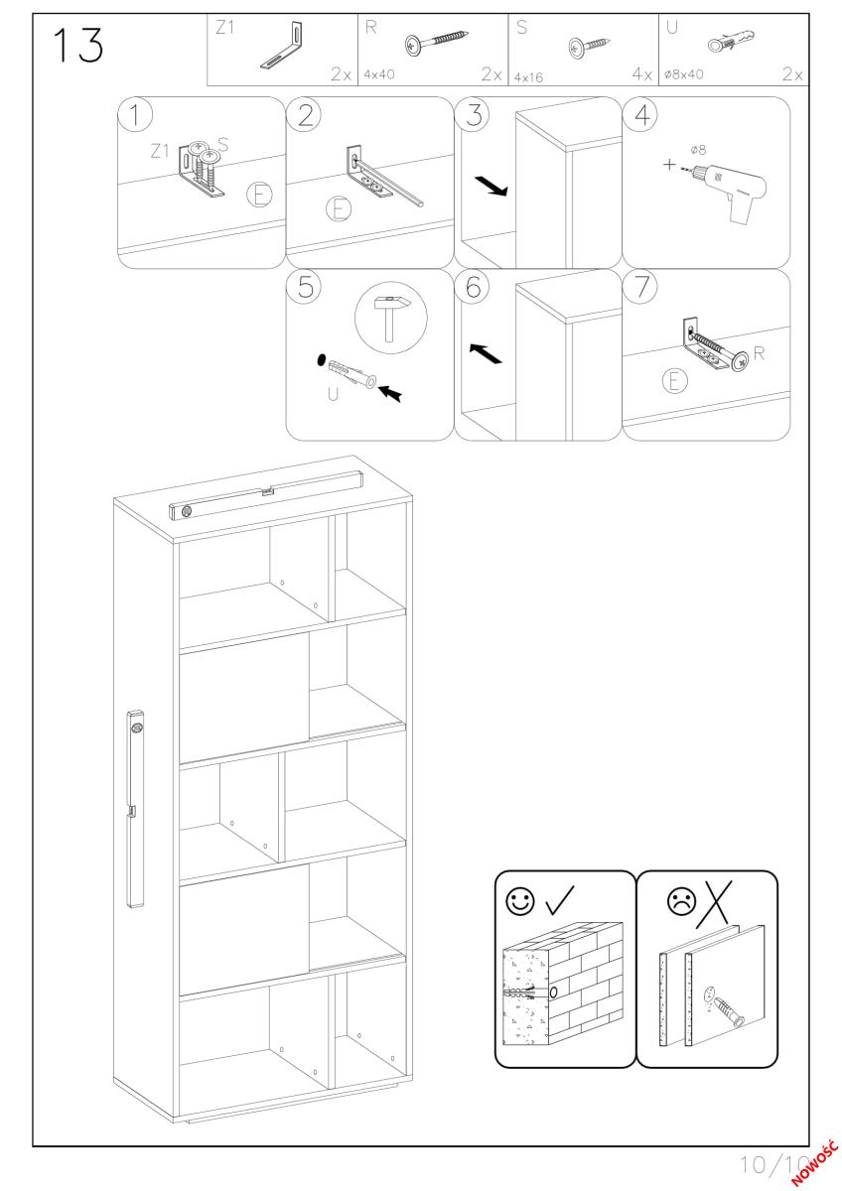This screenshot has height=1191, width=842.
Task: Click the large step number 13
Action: pos(77,46)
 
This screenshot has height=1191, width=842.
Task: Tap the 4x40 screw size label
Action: pos(379,74)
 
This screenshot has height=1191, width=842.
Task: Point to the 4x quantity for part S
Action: pos(642,74)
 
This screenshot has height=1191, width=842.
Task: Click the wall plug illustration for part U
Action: pos(732,41)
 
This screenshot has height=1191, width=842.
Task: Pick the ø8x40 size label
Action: pos(683,74)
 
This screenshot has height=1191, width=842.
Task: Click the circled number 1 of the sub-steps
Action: pos(135,115)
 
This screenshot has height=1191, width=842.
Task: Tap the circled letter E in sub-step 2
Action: pos(339,209)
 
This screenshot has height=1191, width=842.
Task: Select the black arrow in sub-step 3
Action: pos(491,187)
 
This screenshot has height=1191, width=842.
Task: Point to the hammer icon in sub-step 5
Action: pos(391,318)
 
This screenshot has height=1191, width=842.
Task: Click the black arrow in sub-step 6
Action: pos(486,353)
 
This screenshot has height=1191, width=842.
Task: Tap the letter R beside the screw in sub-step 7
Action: pos(759,353)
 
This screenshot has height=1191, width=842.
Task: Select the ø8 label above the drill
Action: pos(698,151)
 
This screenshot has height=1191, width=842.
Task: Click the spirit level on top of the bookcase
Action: pos(266,494)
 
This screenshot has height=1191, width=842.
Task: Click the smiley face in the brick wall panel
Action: pos(519,901)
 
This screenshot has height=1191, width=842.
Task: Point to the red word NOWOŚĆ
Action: pos(814,1169)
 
